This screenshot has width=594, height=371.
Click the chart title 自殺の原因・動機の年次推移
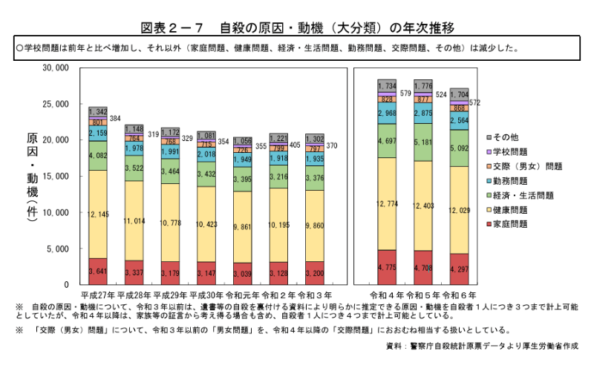(x=297, y=29)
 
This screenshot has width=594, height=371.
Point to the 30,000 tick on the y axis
(x=56, y=68)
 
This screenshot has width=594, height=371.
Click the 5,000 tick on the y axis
(x=58, y=249)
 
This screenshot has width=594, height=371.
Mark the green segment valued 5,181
(x=424, y=142)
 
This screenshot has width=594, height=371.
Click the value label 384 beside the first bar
(x=116, y=119)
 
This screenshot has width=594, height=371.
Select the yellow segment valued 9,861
(x=243, y=227)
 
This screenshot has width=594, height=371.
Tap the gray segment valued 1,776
(x=424, y=85)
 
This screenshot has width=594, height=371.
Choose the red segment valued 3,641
(x=98, y=272)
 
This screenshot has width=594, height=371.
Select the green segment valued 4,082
(x=98, y=156)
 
